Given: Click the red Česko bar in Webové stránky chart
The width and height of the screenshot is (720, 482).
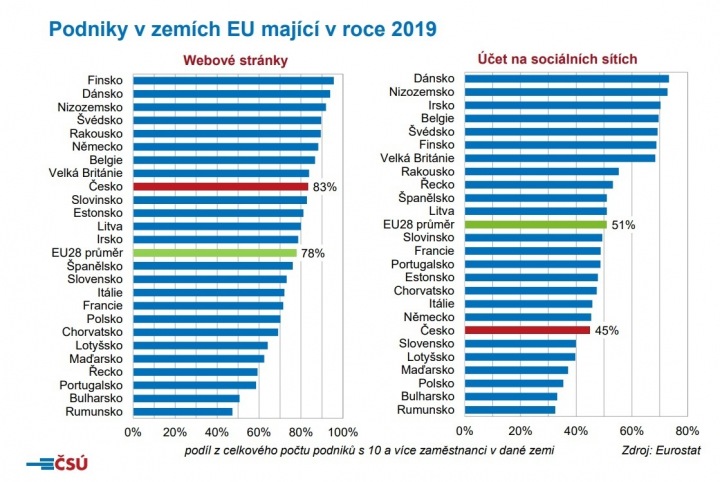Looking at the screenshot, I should pos(220,186).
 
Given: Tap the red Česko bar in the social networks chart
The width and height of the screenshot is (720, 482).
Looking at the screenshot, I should pos(526,329).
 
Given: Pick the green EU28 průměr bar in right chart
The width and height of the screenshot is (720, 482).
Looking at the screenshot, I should pos(535,225).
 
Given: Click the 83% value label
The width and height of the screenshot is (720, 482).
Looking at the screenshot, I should pos(325,186).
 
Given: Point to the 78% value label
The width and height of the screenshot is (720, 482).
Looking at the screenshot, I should pos(313,253).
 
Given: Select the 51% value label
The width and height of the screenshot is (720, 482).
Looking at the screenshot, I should pos(623,225).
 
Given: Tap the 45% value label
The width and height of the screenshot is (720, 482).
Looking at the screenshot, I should pos(606,329).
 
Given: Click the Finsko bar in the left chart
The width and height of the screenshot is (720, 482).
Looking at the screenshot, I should pos(233,80).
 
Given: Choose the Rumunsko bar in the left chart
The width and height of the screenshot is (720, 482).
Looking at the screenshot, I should pos(182,411).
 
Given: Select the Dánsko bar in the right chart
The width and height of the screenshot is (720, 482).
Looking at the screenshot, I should pos(566,78).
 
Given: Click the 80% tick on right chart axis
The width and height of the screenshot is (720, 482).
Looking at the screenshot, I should pos(686,432).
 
